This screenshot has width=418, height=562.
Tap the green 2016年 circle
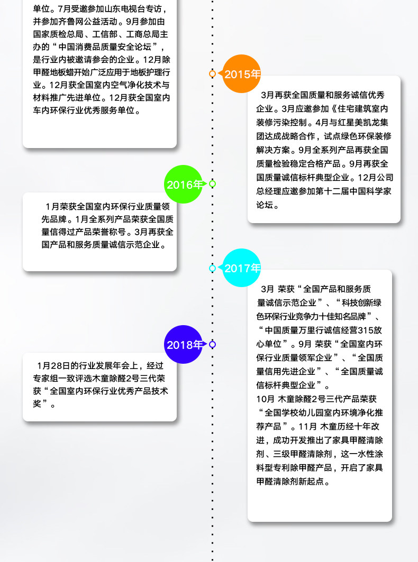(184, 184)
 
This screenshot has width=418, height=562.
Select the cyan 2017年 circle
(241, 268)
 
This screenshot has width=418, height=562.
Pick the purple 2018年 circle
(184, 345)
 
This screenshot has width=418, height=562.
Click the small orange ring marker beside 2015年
(213, 73)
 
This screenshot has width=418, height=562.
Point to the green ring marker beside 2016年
(213, 184)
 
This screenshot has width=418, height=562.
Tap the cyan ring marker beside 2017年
(213, 268)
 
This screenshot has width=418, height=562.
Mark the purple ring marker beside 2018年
(213, 345)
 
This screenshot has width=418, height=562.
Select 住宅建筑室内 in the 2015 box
(364, 108)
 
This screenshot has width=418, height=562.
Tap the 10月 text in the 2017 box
(265, 398)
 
